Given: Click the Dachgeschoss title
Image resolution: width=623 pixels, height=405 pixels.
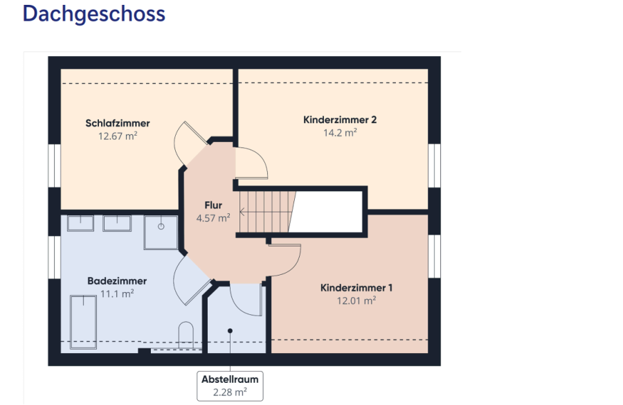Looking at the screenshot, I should pyautogui.click(x=93, y=14).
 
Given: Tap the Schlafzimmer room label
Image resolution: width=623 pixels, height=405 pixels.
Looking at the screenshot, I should pyautogui.click(x=118, y=123).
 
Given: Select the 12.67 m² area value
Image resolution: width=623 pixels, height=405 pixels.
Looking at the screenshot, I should pyautogui.click(x=118, y=136).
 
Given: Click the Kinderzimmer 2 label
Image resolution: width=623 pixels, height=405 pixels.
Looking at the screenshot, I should pyautogui.click(x=340, y=120).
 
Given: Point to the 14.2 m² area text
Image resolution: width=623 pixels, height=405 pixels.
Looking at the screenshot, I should pyautogui.click(x=340, y=133).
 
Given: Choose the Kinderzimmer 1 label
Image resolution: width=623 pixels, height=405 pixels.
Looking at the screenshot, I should pyautogui.click(x=356, y=287).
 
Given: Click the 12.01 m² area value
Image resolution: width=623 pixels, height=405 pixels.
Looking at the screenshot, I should pyautogui.click(x=356, y=300).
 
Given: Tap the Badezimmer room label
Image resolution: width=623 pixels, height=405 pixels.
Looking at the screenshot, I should pyautogui.click(x=117, y=281).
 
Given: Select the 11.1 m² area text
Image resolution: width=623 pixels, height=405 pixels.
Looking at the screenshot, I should pyautogui.click(x=117, y=294).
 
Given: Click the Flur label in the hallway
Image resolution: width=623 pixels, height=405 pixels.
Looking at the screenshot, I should pyautogui.click(x=213, y=206).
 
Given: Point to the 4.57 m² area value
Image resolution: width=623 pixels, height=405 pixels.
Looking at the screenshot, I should pyautogui.click(x=213, y=218).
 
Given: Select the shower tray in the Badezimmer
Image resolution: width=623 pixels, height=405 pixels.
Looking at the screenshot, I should pyautogui.click(x=161, y=232).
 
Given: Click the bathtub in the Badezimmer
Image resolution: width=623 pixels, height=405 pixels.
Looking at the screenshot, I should pyautogui.click(x=84, y=318).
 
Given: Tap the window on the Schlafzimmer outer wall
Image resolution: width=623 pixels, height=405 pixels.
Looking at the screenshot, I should pyautogui.click(x=54, y=166).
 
